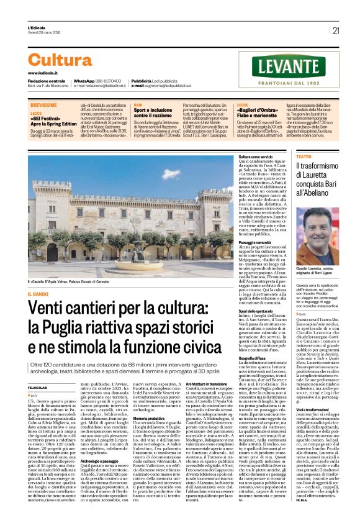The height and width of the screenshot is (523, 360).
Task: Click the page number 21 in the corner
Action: tap(336, 30)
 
